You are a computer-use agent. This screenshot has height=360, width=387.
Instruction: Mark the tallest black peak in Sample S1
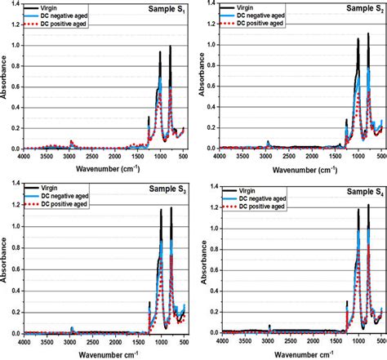170,47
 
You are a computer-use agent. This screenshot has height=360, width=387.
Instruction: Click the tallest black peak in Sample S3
160,209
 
